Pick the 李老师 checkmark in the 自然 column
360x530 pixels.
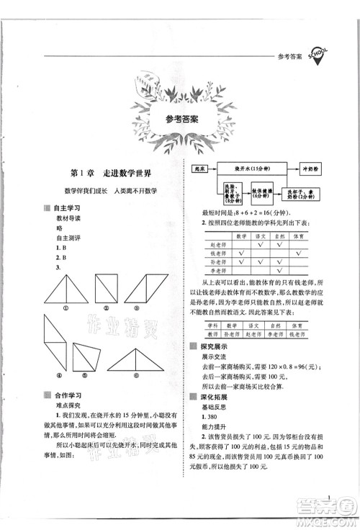tap(280, 273)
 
